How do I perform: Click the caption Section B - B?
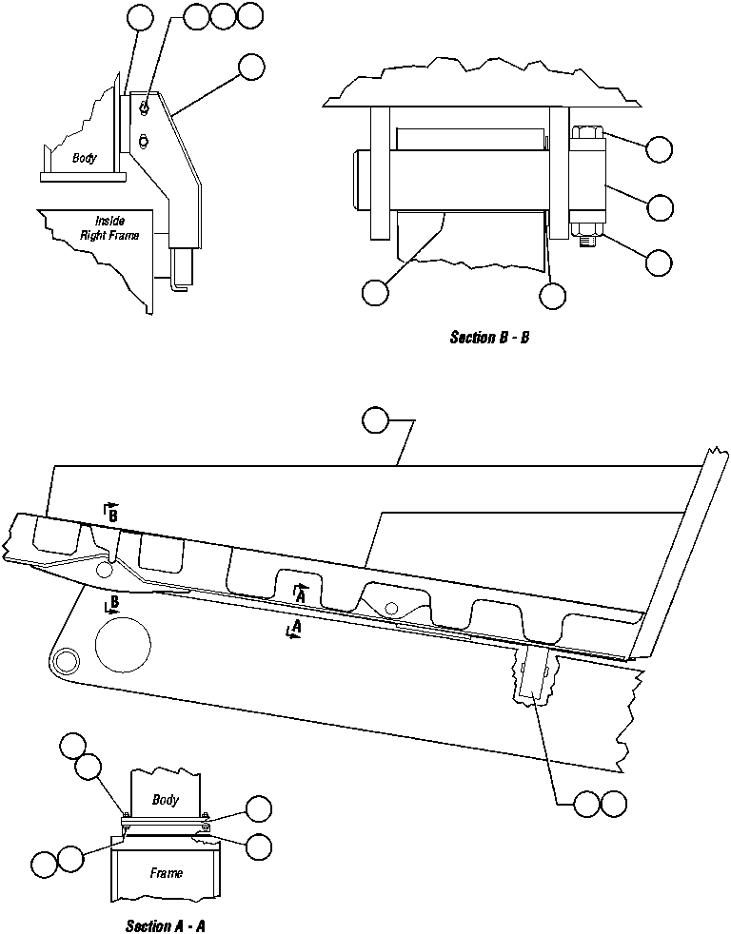[x=488, y=338]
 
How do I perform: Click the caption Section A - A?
[x=165, y=925]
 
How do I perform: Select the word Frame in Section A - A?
[x=166, y=871]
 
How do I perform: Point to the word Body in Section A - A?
[x=165, y=799]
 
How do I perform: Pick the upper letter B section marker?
[x=111, y=513]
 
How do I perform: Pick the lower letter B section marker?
[x=112, y=603]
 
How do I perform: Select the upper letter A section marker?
[x=301, y=593]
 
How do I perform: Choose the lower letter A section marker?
[x=295, y=630]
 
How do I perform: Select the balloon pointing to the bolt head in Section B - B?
[x=659, y=148]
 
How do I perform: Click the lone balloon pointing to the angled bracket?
[x=250, y=66]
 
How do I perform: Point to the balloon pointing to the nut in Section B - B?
[x=659, y=263]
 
